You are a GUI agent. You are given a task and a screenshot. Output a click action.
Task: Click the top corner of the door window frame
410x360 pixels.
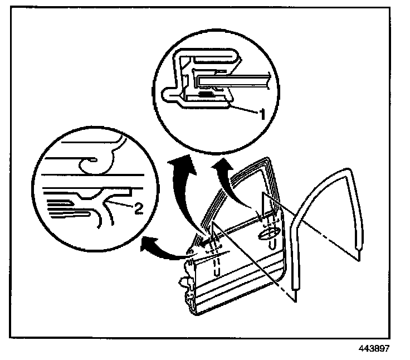click(x=267, y=161)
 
